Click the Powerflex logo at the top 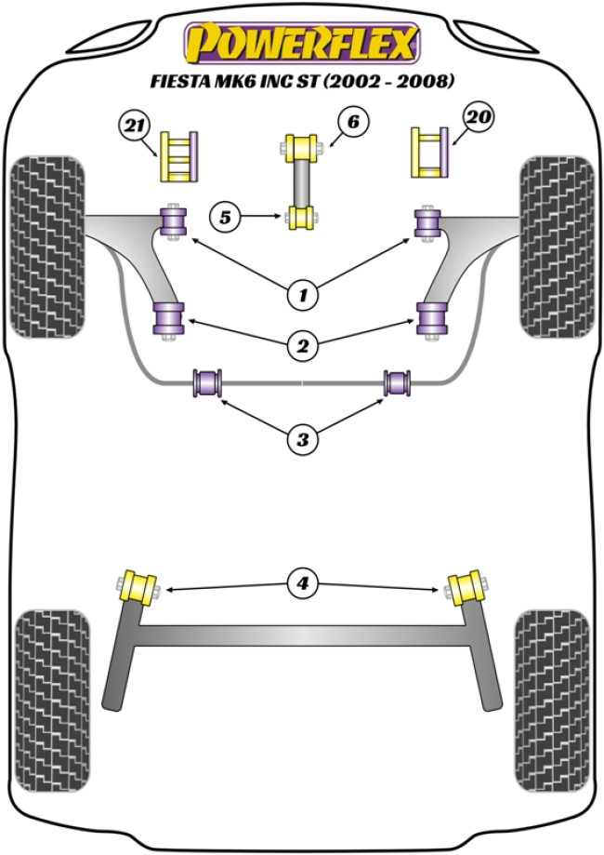(302, 42)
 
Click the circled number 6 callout (354, 122)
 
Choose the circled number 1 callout (302, 297)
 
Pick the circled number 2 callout (302, 348)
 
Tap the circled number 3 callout (302, 438)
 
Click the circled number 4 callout (302, 584)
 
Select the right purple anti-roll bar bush (400, 382)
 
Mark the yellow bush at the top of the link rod (301, 147)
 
